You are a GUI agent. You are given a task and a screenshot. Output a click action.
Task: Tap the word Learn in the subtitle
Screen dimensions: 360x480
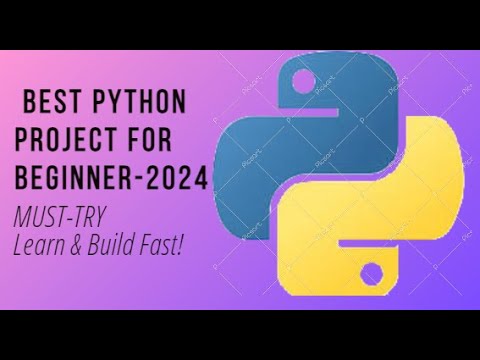[x=40, y=242]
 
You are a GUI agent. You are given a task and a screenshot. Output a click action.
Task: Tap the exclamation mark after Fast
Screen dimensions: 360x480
[x=181, y=242]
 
